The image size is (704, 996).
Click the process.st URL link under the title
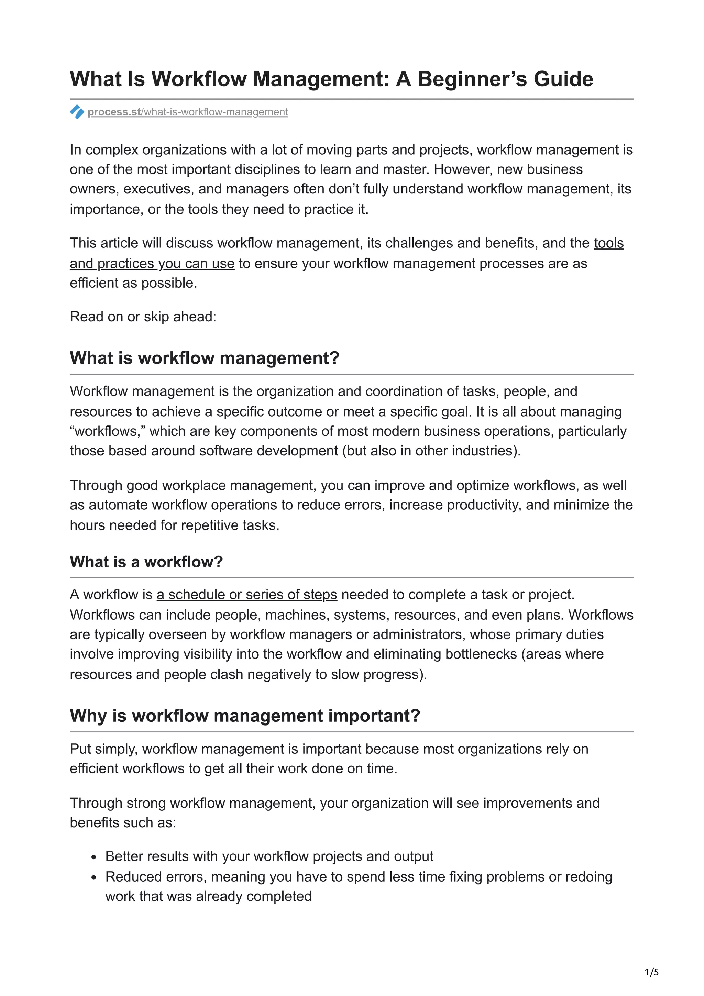click(x=187, y=112)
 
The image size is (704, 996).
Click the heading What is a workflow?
click(x=146, y=562)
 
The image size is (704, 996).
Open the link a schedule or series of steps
click(x=247, y=594)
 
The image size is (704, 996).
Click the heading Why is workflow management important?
click(x=245, y=716)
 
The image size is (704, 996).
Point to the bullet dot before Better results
click(x=94, y=857)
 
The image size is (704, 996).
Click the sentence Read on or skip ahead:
click(x=143, y=317)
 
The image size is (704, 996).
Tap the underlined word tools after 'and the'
click(x=608, y=243)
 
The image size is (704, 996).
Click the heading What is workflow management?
click(x=204, y=358)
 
